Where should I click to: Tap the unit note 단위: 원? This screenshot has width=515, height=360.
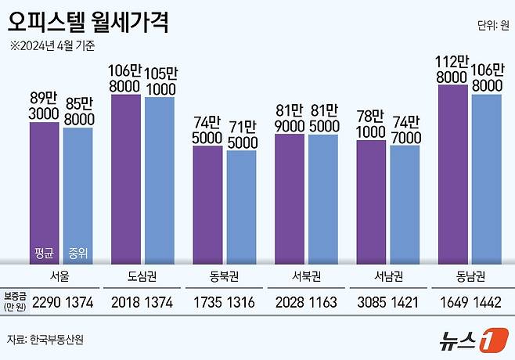point(491,24)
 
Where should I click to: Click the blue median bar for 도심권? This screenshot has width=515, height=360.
point(160,180)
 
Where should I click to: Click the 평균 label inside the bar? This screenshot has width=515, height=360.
point(45,252)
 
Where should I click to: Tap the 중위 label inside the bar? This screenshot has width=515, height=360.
point(77,252)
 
